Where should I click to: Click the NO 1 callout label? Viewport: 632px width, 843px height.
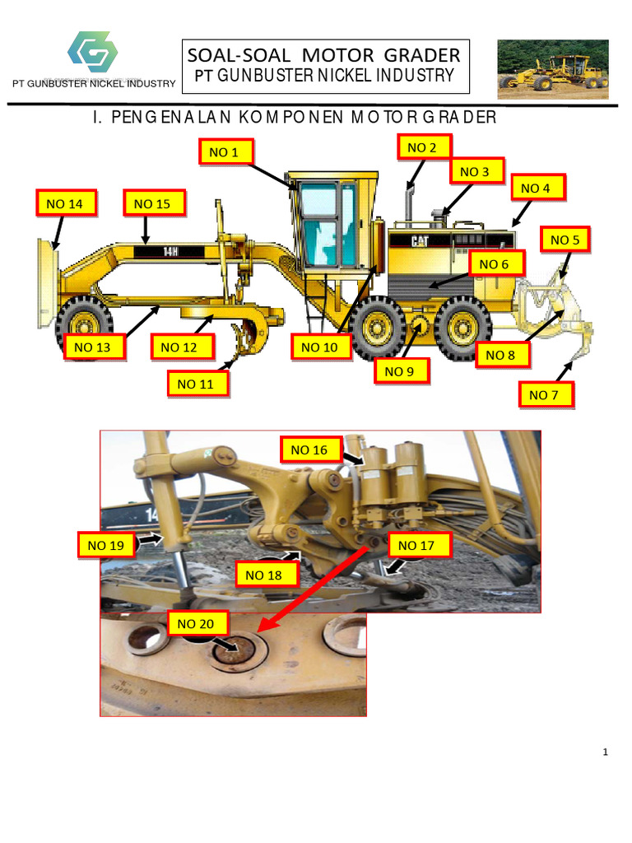tap(224, 151)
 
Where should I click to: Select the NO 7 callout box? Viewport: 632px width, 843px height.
tap(545, 395)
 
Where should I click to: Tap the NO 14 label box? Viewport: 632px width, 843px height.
tap(65, 203)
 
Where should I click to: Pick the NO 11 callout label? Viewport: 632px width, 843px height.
tap(196, 384)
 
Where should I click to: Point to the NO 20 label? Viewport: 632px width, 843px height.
tap(196, 624)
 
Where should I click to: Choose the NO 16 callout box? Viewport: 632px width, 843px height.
tap(309, 449)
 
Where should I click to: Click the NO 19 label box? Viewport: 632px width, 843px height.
tap(107, 544)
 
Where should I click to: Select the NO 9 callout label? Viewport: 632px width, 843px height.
tap(400, 371)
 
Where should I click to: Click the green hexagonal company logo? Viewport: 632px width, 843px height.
tap(92, 52)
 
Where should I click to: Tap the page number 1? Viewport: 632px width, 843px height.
tap(605, 752)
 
